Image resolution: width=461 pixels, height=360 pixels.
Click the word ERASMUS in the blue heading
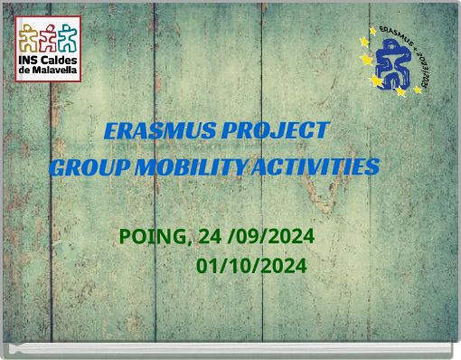pyautogui.click(x=147, y=131)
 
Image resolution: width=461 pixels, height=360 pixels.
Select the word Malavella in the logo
pyautogui.click(x=54, y=71)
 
